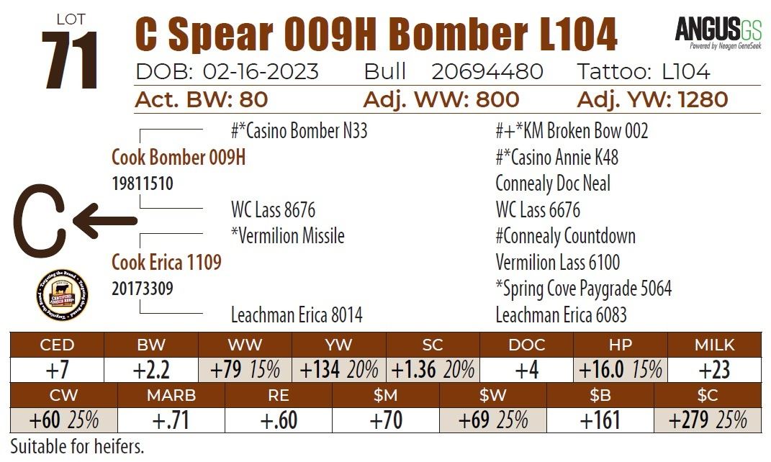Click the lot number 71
[x=70, y=60]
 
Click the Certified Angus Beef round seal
[x=62, y=297]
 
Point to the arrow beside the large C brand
[x=105, y=220]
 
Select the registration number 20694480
[x=487, y=71]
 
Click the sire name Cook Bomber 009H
[x=179, y=157]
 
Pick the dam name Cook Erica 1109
[x=166, y=262]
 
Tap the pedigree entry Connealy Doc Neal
[x=553, y=184]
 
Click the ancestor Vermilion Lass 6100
[x=558, y=262]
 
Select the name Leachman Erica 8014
[x=297, y=314]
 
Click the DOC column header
[x=526, y=345]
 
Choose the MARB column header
[x=171, y=395]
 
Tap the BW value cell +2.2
[x=151, y=370]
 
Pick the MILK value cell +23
[x=713, y=370]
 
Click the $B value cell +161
[x=600, y=420]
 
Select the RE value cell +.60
[x=278, y=420]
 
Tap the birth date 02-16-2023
[x=261, y=71]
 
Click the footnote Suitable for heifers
[x=77, y=446]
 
